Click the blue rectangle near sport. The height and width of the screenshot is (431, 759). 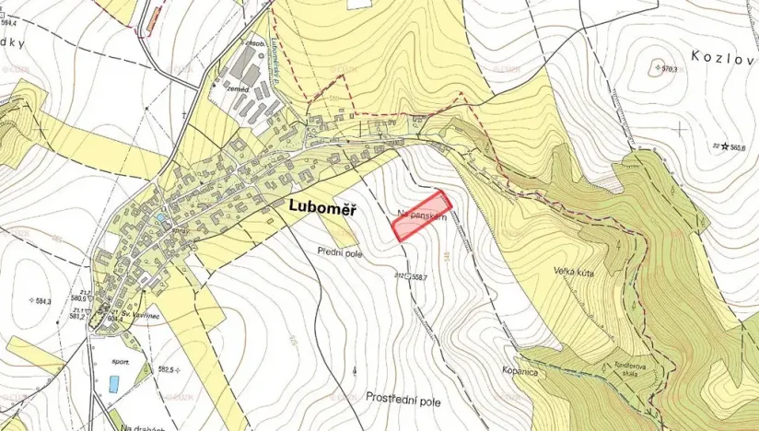(x=113, y=384)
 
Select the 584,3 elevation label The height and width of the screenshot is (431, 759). (x=43, y=300)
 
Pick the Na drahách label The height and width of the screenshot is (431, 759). (x=139, y=426)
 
